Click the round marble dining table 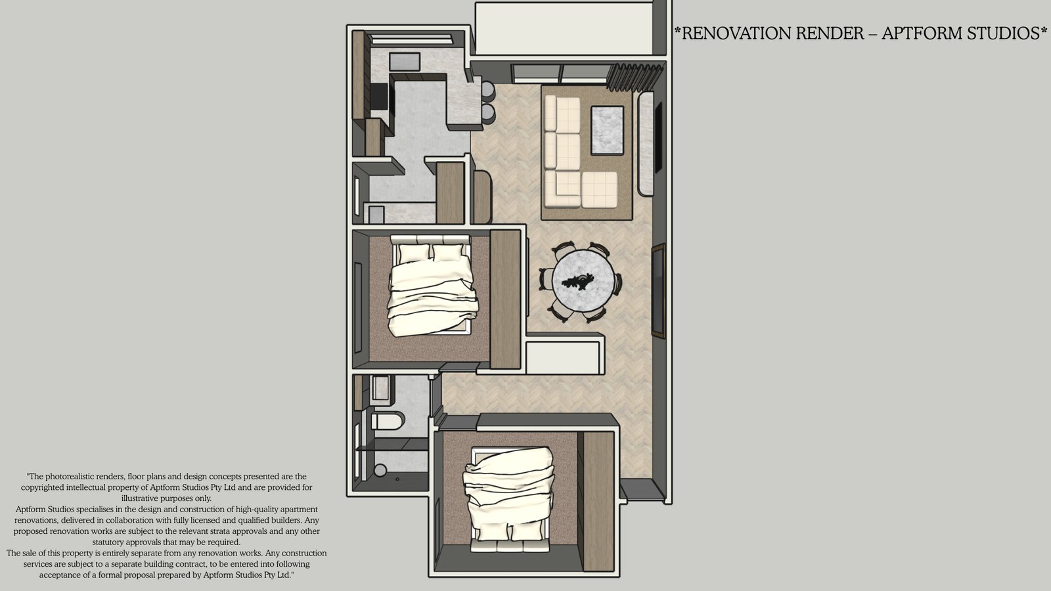[583, 280]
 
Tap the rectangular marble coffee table [607, 130]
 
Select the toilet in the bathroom [388, 421]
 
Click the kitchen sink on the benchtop [404, 62]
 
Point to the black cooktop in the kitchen [379, 96]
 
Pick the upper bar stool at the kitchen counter [488, 91]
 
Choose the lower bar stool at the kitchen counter [488, 114]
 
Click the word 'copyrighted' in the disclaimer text [42, 487]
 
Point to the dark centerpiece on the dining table [578, 281]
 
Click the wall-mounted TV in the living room [658, 137]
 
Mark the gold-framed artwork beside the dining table [659, 291]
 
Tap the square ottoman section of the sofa [599, 190]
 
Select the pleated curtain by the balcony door [635, 76]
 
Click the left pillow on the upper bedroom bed [413, 253]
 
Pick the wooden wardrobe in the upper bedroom [505, 299]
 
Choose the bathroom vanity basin [380, 388]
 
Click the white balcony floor [564, 29]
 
